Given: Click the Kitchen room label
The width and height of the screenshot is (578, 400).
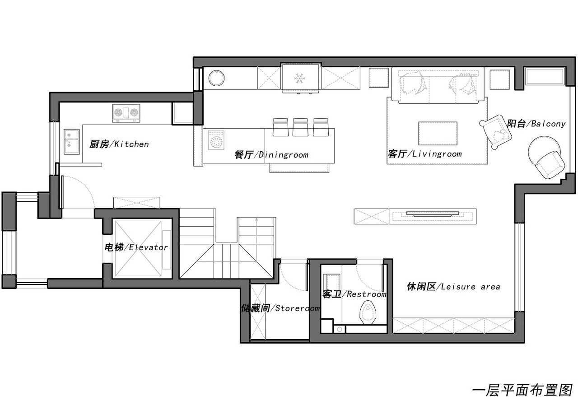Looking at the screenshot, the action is point(119,144).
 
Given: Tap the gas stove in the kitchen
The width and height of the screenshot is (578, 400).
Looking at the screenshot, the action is point(126,113).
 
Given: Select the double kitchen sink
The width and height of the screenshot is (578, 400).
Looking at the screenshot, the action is point(72,142).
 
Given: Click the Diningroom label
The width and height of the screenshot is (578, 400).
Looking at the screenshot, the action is point(271,154).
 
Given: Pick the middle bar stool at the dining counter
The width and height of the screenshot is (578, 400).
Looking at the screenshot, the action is point(300,127).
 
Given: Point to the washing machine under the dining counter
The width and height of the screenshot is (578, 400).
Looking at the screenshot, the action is point(216,140).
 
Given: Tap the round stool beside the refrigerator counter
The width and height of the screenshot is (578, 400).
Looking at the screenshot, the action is point(216,78).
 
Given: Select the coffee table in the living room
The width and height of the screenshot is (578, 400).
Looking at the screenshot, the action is point(438,133).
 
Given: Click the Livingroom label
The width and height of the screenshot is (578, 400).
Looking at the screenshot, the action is point(425,154).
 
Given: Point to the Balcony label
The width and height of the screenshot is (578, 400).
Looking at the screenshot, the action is point(536,124).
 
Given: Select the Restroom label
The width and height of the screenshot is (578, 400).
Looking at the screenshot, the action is point(354,294).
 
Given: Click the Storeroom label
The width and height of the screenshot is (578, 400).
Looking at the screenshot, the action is point(280,308).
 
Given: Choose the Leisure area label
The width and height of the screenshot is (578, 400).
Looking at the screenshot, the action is point(453,286).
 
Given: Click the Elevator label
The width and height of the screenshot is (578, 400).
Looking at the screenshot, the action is point(136,247).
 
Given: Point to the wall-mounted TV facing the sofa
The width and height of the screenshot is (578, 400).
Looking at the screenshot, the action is point(433,214).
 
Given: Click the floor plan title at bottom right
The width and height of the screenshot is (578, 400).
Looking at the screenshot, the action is point(522,390).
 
